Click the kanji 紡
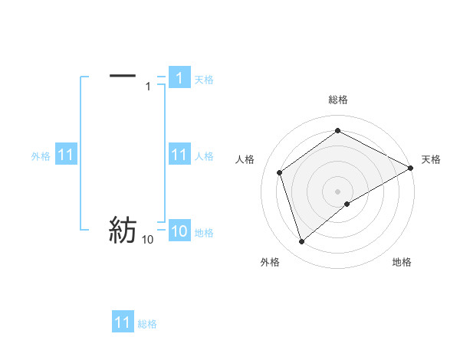123,230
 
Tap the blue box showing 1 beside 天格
179,78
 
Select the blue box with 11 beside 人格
179,155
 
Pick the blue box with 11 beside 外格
65,155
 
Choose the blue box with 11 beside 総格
123,322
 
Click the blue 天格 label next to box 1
204,79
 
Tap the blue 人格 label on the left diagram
204,156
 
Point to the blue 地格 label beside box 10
204,233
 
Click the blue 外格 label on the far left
41,156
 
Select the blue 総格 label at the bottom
147,324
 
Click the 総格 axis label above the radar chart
338,100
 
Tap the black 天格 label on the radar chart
431,159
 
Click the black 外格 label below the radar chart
270,262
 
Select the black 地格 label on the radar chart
402,262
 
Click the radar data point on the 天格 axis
411,168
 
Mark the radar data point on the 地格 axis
347,204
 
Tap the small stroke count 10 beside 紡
147,240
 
